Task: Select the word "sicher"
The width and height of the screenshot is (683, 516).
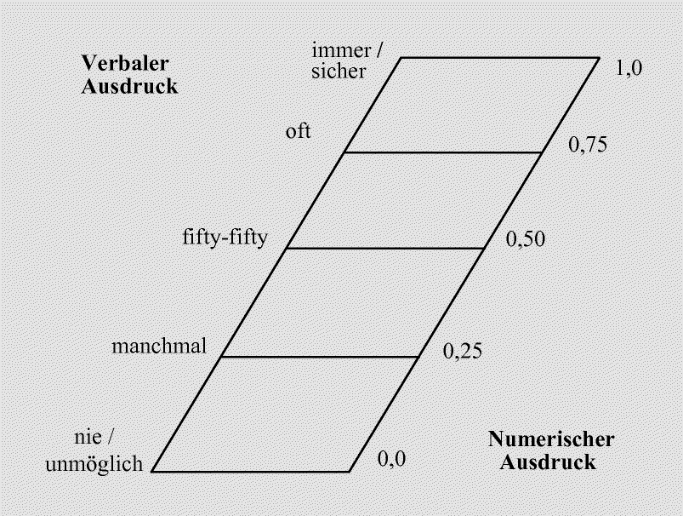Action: pos(339,72)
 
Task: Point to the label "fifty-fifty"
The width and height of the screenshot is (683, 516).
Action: pos(225,236)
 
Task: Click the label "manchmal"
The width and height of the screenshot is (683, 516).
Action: pos(160,347)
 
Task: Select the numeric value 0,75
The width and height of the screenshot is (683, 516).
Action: pos(586,145)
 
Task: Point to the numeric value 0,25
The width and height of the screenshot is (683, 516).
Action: pos(464,351)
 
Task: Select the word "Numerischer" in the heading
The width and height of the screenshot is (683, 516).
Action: pos(550,440)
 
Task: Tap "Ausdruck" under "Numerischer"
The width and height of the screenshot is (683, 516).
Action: pos(548,463)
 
